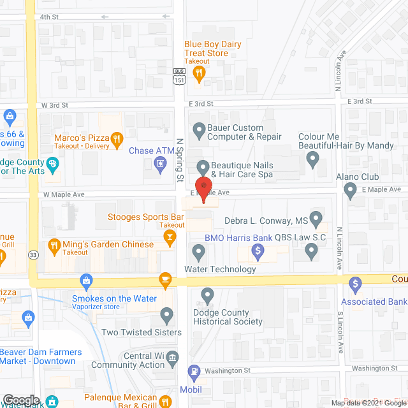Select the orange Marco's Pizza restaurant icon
(116, 138)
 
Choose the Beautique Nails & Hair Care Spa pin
(203, 167)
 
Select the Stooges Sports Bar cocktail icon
(169, 238)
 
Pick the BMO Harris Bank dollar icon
(258, 252)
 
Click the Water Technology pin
(198, 252)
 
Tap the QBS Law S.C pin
(311, 252)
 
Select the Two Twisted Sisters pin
(166, 314)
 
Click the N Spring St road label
(179, 160)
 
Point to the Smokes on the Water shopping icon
(86, 281)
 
